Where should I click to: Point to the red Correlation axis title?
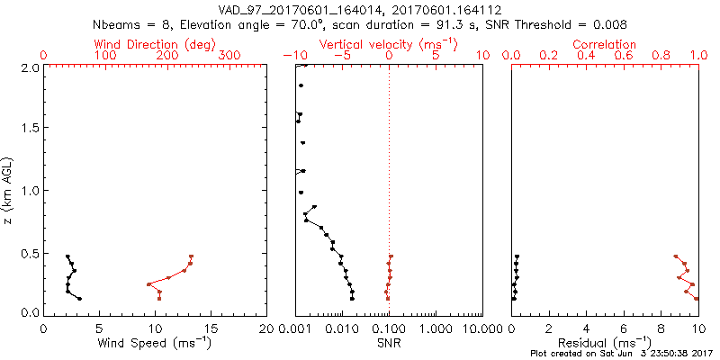(x=605, y=44)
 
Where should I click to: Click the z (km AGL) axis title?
(x=10, y=189)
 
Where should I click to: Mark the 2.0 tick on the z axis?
(x=31, y=67)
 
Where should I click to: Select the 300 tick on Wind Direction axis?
(x=229, y=56)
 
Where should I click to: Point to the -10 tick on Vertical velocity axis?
(x=294, y=56)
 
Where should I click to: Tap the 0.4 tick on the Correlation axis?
(x=586, y=56)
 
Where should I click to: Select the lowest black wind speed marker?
(x=80, y=299)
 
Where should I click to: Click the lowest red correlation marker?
(x=696, y=298)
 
